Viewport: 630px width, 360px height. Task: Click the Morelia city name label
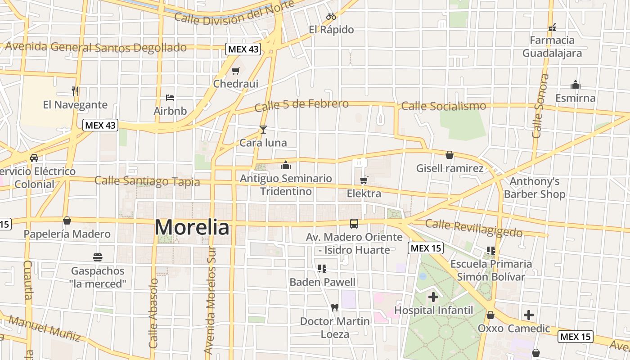192,228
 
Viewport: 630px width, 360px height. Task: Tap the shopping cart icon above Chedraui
235,71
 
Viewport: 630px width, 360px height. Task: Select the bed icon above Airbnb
170,97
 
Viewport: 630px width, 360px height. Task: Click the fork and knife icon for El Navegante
75,91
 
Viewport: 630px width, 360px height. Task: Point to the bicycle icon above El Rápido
331,17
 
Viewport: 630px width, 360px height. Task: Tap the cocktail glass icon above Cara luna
263,130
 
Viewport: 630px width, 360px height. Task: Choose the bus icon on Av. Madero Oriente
354,224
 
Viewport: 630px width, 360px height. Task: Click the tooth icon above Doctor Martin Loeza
334,308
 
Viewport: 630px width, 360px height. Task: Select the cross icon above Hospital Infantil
433,297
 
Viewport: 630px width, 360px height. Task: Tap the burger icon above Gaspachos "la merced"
98,257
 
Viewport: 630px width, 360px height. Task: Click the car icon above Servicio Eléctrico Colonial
34,158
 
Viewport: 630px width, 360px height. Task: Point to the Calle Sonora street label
540,106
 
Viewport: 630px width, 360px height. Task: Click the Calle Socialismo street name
443,106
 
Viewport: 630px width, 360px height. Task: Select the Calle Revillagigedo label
474,228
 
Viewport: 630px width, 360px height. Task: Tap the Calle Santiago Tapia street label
147,181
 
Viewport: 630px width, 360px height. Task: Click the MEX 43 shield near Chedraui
243,49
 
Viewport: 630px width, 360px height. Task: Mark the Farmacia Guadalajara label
552,47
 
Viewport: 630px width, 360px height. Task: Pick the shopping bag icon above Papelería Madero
67,220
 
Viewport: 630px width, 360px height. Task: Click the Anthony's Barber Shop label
534,188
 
